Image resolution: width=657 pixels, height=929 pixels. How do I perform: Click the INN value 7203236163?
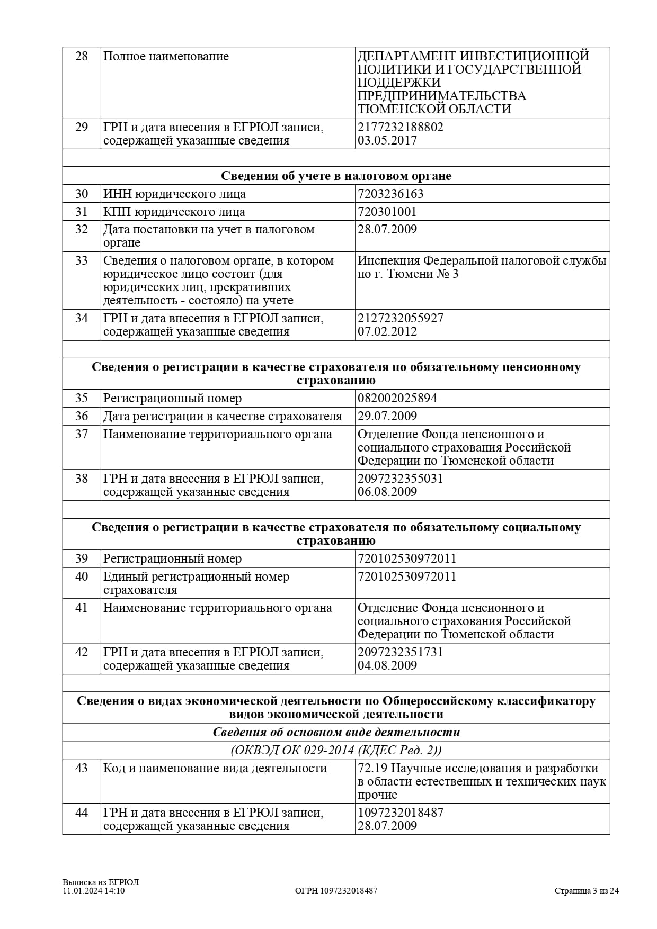tap(390, 194)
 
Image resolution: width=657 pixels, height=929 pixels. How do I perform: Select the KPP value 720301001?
tap(387, 212)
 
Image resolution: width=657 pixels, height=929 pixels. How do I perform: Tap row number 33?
tap(82, 260)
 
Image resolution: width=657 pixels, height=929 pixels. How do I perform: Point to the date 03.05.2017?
tap(387, 140)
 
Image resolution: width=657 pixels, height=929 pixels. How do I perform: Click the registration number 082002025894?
tap(397, 398)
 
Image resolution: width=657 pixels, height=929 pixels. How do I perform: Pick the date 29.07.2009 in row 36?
tap(387, 416)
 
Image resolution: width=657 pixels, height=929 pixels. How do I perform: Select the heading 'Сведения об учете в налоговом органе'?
tap(336, 176)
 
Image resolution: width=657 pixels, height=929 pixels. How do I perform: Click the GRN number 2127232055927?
tap(400, 318)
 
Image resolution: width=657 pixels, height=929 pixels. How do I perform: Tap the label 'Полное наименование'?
tap(166, 56)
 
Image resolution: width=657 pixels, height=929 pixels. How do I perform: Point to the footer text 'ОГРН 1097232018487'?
tap(336, 891)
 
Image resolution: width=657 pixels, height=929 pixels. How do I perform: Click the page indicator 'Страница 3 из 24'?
tap(587, 891)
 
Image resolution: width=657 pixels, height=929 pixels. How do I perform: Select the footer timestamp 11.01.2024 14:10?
tap(93, 891)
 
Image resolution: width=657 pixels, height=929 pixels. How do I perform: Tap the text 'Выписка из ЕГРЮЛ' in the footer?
tap(101, 882)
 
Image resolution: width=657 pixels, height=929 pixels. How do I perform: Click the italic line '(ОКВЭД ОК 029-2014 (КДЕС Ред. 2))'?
tap(336, 750)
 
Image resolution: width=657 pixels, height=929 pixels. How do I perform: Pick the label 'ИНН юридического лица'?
tap(174, 194)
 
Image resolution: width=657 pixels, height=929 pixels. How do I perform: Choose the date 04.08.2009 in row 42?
tap(387, 665)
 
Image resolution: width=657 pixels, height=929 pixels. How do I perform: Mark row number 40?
tap(82, 576)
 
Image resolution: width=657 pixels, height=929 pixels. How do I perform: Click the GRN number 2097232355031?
tap(400, 479)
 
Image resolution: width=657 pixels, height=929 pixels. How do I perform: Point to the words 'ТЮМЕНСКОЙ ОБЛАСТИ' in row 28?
tap(434, 109)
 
